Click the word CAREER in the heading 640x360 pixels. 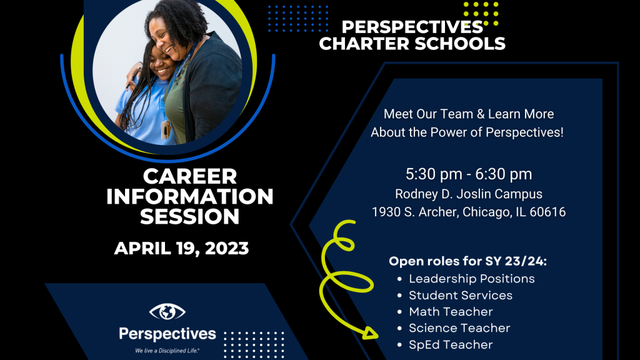pyautogui.click(x=190, y=177)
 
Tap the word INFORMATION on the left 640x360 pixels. pyautogui.click(x=190, y=197)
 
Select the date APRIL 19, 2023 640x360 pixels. pyautogui.click(x=181, y=249)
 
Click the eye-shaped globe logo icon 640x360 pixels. pyautogui.click(x=167, y=312)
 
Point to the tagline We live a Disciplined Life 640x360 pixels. pyautogui.click(x=167, y=351)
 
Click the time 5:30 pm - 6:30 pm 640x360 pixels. pyautogui.click(x=469, y=174)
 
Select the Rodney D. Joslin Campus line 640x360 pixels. pyautogui.click(x=469, y=194)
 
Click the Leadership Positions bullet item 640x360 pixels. pyautogui.click(x=471, y=279)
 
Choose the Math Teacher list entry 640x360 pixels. pyautogui.click(x=451, y=312)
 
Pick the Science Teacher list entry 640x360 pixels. pyautogui.click(x=459, y=328)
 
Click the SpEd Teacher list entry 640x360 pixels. pyautogui.click(x=451, y=345)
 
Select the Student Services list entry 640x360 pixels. pyautogui.click(x=461, y=296)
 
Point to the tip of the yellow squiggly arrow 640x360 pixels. pyautogui.click(x=377, y=336)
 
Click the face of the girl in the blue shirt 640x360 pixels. pyautogui.click(x=161, y=64)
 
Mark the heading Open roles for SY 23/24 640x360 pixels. pyautogui.click(x=467, y=261)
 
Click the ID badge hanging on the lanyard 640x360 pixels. pyautogui.click(x=165, y=129)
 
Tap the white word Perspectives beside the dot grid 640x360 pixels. pyautogui.click(x=167, y=334)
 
